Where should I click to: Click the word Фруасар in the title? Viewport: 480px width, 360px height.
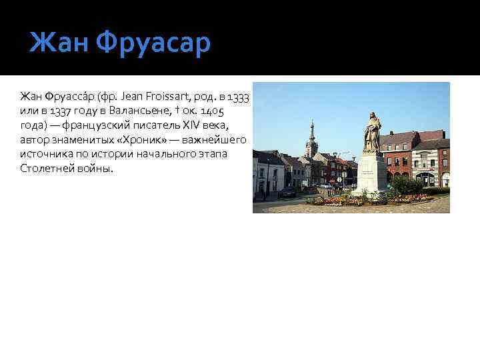(153, 44)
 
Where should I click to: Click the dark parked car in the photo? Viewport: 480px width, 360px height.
(287, 192)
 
